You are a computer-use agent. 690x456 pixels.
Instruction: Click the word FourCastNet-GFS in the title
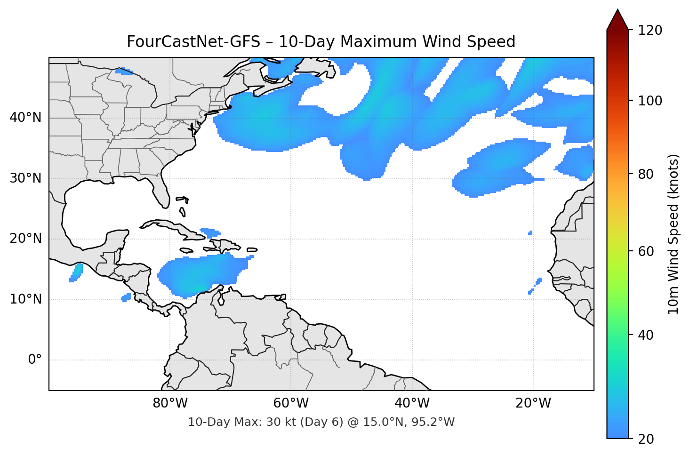[193, 42]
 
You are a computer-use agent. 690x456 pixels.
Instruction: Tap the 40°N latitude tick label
[25, 117]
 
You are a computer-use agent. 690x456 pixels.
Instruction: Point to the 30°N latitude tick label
[25, 178]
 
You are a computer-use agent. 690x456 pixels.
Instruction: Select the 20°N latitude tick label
[25, 239]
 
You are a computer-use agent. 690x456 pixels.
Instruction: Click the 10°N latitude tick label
[25, 299]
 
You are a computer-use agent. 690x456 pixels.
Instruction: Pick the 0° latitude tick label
[35, 360]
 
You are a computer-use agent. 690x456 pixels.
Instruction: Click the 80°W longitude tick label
[170, 403]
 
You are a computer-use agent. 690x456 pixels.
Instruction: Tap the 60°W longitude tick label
[291, 403]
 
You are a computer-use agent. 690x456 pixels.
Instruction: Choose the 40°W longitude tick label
[412, 403]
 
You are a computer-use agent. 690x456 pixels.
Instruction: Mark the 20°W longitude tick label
[533, 403]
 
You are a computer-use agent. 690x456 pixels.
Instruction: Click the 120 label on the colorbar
[650, 31]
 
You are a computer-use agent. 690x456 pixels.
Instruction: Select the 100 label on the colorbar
[650, 101]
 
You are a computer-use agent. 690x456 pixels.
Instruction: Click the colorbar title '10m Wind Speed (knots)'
[674, 234]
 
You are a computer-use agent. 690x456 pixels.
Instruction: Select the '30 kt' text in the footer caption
[281, 422]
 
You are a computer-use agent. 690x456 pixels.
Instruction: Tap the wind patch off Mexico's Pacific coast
[76, 272]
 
